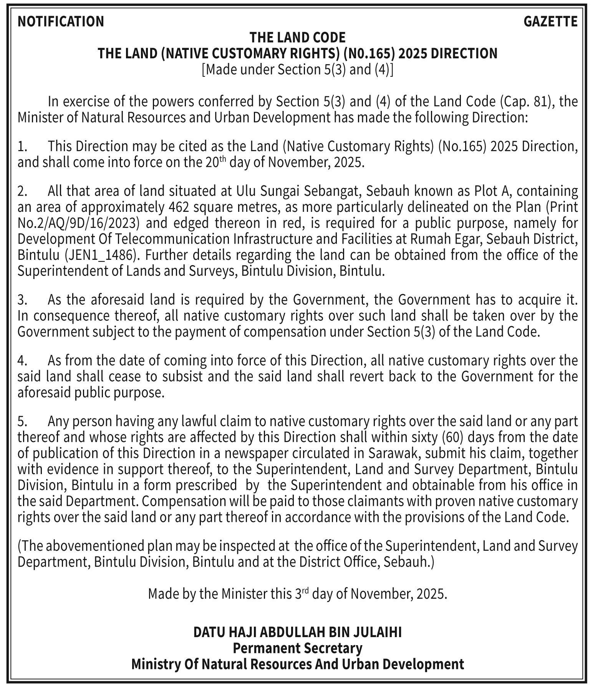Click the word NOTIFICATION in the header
point(61,21)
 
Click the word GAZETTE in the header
point(550,21)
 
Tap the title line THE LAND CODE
point(297,38)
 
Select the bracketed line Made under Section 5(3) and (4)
point(297,69)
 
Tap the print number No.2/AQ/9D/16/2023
point(78,223)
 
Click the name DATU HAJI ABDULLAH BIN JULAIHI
point(297,632)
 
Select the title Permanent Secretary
point(297,648)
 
